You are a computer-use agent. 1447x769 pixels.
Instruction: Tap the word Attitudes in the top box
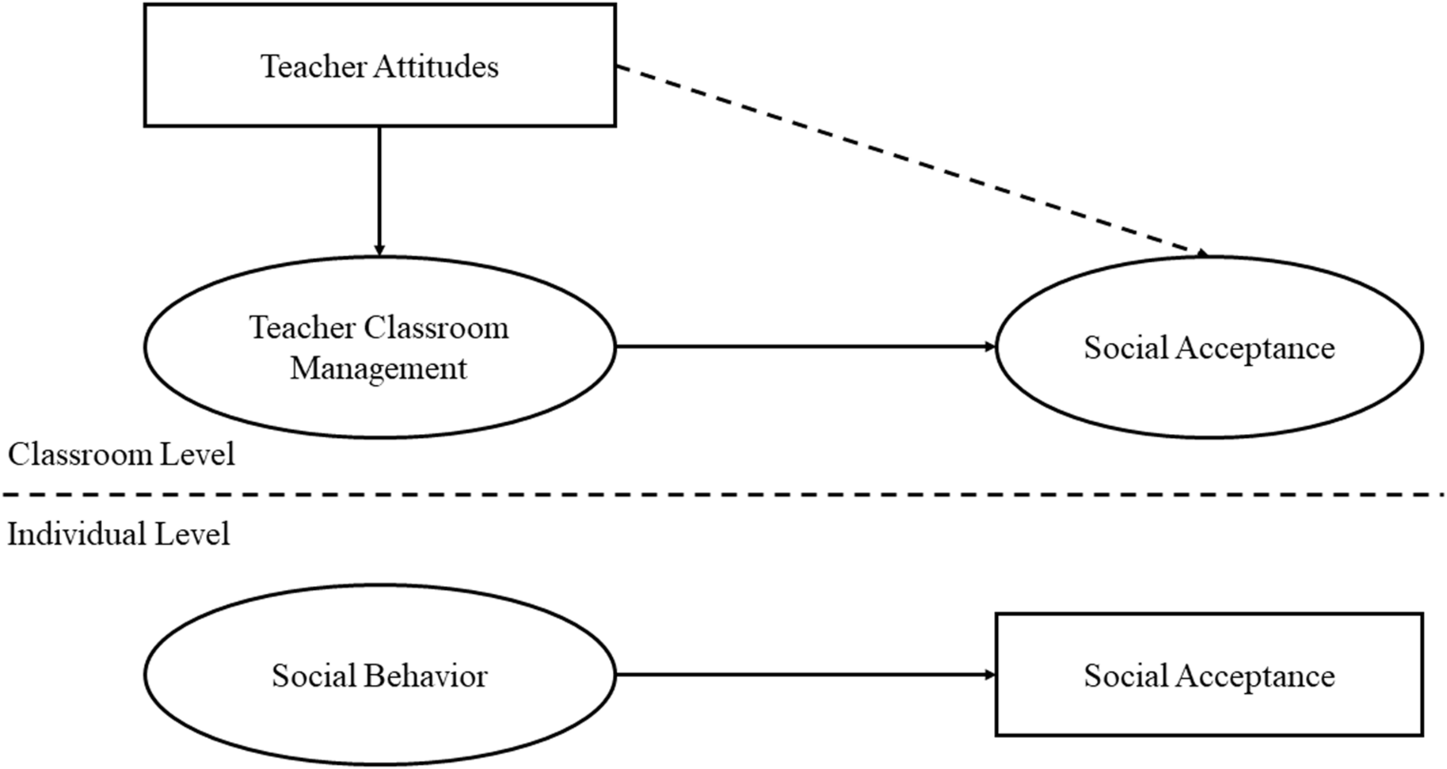pos(435,67)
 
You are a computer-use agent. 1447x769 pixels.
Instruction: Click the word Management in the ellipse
pos(379,369)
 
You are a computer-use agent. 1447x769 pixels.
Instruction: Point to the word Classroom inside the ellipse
pos(436,328)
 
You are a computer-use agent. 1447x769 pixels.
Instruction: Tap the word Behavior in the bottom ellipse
pos(425,676)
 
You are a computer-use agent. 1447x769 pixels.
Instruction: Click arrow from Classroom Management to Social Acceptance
pos(805,347)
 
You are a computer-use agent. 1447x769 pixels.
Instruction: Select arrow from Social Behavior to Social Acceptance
pos(805,675)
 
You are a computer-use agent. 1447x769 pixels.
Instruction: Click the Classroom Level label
pos(121,455)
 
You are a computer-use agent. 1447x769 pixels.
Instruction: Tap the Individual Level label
pos(118,533)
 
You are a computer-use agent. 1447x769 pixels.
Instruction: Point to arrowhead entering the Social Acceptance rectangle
pos(990,675)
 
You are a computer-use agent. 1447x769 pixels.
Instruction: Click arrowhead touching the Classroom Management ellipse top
pos(379,251)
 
